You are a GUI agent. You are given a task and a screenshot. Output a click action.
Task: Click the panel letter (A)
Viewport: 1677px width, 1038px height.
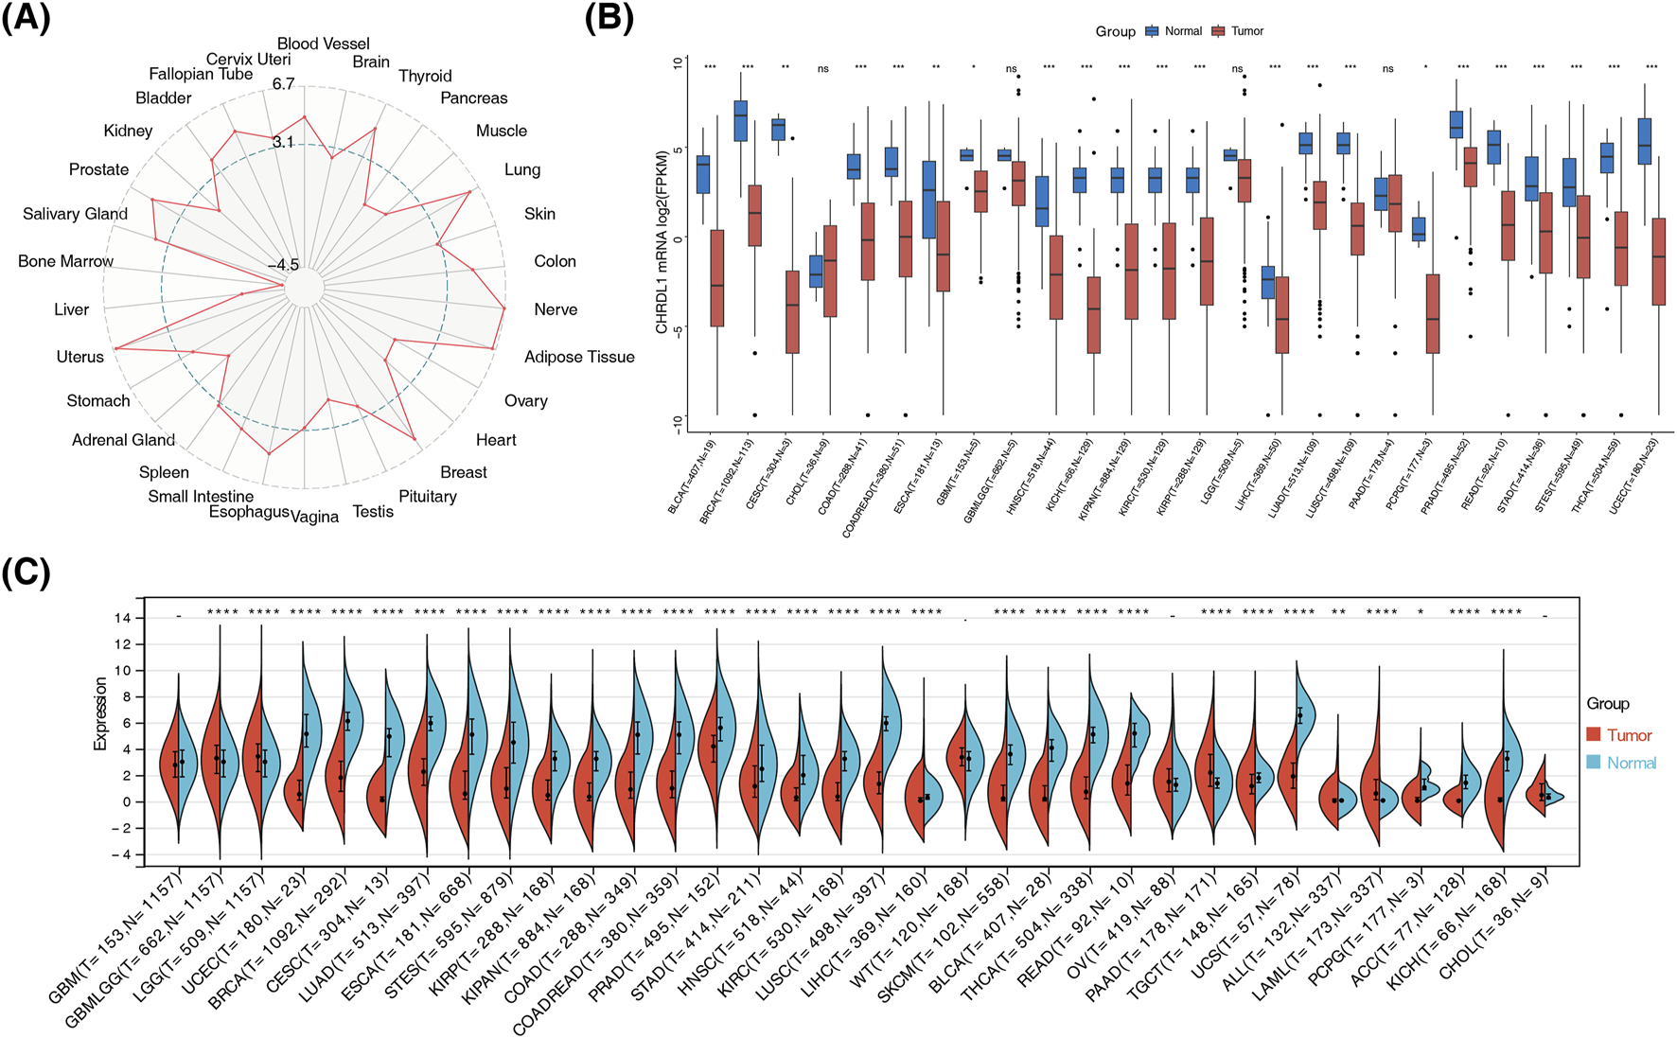(26, 19)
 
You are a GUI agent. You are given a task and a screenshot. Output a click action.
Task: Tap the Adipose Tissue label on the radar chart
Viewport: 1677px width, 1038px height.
(579, 357)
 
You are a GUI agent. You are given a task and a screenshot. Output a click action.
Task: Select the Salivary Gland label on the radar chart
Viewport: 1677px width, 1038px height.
(75, 214)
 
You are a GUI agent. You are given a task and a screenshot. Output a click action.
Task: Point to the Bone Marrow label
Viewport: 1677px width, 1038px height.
(65, 261)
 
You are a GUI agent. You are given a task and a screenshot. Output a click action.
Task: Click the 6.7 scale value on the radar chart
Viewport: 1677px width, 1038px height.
(283, 84)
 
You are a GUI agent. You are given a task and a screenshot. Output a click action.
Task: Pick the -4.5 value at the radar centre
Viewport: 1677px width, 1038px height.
(283, 265)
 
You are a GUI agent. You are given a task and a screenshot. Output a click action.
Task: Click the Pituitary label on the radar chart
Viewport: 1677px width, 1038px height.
(427, 496)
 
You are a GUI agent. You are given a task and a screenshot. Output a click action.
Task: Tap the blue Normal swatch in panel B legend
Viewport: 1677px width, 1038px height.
(1152, 31)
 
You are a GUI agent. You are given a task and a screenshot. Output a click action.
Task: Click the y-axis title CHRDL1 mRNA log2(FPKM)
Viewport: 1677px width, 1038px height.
(662, 242)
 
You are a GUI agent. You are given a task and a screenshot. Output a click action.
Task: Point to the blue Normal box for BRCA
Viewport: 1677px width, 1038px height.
(740, 120)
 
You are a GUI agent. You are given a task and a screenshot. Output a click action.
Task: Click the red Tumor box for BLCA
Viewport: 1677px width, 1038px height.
(716, 278)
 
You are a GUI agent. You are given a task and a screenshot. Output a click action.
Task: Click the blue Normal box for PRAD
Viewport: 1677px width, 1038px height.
(1456, 124)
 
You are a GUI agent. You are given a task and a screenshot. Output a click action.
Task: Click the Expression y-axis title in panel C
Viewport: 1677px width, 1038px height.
(100, 713)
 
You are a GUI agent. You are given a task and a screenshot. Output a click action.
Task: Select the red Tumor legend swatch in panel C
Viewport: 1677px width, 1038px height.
(1595, 735)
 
